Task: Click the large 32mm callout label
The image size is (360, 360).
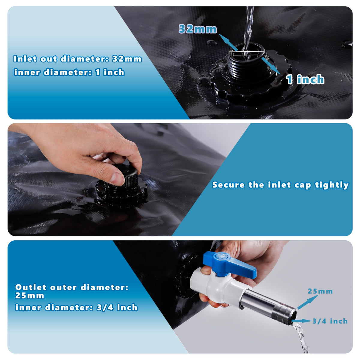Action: point(197,29)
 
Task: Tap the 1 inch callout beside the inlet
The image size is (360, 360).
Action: point(305,79)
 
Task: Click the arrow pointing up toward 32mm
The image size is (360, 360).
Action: point(228,42)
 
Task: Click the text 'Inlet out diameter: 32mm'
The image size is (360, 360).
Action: point(77,59)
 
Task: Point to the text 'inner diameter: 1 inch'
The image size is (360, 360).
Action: point(69,72)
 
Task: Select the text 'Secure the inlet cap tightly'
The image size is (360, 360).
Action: point(280,185)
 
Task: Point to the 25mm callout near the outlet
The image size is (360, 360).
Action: point(320,291)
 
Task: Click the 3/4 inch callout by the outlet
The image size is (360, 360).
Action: point(330,321)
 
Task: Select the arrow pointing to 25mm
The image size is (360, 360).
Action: point(307,302)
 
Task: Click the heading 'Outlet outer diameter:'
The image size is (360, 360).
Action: point(72,287)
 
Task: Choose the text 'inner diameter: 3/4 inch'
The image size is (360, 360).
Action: point(76,307)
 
